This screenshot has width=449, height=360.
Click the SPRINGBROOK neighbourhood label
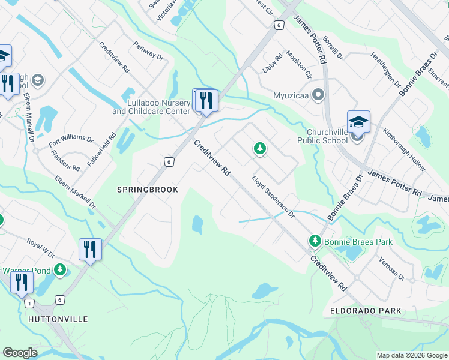[x=147, y=190]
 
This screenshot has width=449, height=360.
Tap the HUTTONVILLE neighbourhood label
[x=58, y=319]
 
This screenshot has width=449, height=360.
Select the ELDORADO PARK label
[x=366, y=311]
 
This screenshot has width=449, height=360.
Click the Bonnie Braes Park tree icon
[x=314, y=241]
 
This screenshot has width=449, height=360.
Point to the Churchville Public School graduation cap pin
[x=358, y=123]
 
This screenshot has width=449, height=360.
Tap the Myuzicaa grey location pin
[x=319, y=95]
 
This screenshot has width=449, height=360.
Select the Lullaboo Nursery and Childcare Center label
[x=151, y=107]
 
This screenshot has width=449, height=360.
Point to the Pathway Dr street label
[x=149, y=50]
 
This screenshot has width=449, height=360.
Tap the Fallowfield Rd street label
[x=112, y=149]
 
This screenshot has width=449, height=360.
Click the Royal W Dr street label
[x=40, y=247]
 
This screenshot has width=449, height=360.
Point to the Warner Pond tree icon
[x=59, y=271]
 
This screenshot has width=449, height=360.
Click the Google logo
[x=20, y=353]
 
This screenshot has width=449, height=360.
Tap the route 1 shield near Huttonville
[x=29, y=304]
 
